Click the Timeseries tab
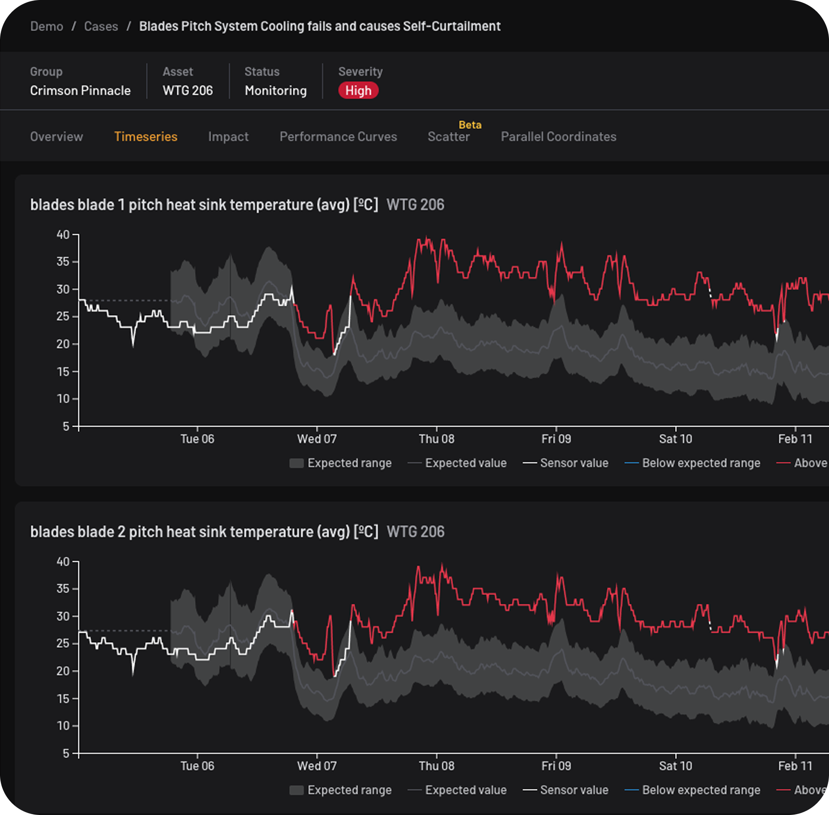click(x=146, y=137)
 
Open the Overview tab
click(x=57, y=137)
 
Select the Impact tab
click(x=228, y=137)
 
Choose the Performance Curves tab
click(x=338, y=137)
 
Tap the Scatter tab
click(x=449, y=137)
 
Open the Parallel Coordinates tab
click(x=559, y=137)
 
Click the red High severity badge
click(x=358, y=90)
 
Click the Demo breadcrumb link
click(x=47, y=26)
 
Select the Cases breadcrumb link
click(x=101, y=26)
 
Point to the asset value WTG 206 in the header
click(x=188, y=90)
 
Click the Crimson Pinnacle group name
click(x=81, y=90)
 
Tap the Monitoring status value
click(x=276, y=90)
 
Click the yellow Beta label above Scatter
click(x=470, y=125)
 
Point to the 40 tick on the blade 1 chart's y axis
click(x=63, y=235)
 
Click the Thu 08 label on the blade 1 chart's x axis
click(x=436, y=439)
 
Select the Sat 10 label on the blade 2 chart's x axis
click(x=676, y=766)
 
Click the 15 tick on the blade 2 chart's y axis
click(x=63, y=698)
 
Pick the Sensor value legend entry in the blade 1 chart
click(x=565, y=463)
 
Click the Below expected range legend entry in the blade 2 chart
click(x=692, y=790)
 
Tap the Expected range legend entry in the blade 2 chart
click(x=341, y=790)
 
